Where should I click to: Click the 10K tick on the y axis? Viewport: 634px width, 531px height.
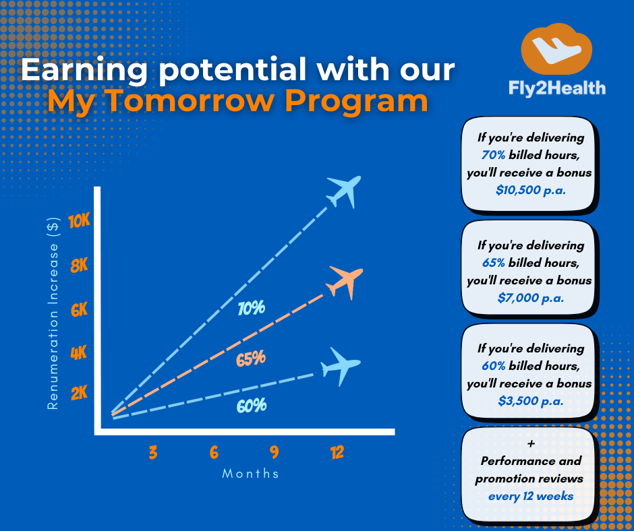click(x=80, y=222)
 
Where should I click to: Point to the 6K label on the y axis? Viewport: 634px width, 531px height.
click(x=80, y=311)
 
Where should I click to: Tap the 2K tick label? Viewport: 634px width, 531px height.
click(x=80, y=393)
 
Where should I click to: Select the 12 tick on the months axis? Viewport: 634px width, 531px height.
click(x=337, y=452)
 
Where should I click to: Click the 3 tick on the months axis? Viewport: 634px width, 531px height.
click(x=153, y=452)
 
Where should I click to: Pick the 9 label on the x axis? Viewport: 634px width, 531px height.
click(x=275, y=452)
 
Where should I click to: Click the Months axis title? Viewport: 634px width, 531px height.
click(x=250, y=473)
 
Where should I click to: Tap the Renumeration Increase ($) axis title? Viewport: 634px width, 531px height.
click(x=53, y=313)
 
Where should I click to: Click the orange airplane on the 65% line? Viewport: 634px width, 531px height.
click(x=345, y=282)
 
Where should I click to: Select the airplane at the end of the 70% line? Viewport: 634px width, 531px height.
click(x=344, y=191)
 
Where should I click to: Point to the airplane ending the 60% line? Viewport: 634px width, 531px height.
click(x=341, y=367)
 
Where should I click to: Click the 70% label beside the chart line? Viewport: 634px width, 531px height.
click(x=252, y=309)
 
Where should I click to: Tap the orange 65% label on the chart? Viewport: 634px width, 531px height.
click(x=251, y=358)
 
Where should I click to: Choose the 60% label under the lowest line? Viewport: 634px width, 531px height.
click(x=252, y=406)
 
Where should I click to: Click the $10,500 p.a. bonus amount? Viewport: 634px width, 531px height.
click(x=531, y=190)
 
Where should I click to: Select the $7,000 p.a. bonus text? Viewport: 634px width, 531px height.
click(x=531, y=298)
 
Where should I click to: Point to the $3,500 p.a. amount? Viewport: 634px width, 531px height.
click(x=531, y=401)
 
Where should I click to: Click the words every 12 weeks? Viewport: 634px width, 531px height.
click(x=531, y=496)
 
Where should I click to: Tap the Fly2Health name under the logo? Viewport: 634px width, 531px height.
click(x=557, y=88)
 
